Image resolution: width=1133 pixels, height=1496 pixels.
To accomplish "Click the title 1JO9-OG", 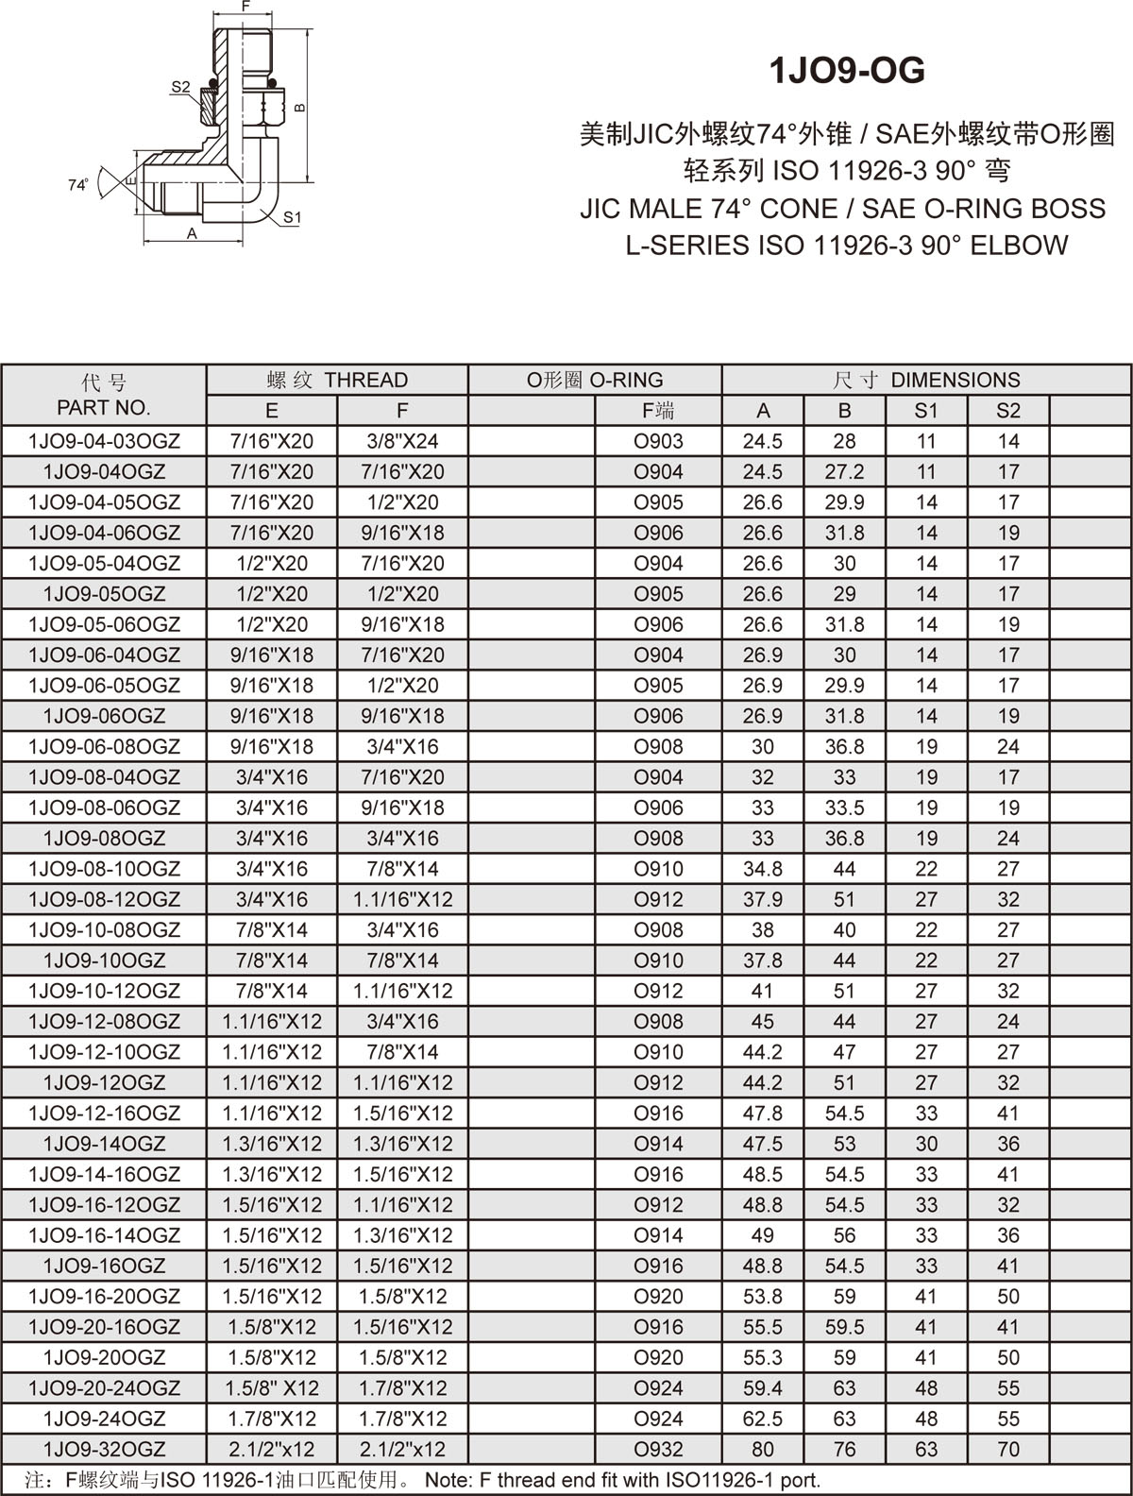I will point(847,71).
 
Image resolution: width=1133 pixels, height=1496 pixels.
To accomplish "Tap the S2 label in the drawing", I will point(180,88).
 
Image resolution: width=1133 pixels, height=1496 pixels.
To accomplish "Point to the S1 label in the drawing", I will point(292,217).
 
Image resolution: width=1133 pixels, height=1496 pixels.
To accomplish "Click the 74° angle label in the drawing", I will point(78,185).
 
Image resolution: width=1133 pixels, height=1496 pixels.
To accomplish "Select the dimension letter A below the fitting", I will point(192,233).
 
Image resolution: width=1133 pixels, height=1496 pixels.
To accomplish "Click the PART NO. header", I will point(104,408).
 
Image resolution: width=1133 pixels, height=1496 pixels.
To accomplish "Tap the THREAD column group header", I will point(337,380).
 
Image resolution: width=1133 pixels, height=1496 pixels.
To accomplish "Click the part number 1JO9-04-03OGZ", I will point(104,441).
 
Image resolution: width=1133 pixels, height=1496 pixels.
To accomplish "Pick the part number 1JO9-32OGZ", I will point(104,1449).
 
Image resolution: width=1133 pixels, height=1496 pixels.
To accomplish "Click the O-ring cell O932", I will point(658,1449).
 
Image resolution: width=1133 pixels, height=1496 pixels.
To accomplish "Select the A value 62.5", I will point(762,1419).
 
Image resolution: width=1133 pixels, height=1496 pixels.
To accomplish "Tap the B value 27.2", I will point(844,471).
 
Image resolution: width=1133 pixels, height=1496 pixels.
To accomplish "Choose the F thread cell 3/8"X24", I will point(402,441).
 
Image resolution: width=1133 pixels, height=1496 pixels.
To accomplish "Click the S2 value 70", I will point(1008,1449).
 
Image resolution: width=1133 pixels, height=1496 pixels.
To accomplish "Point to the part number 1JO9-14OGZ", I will point(104,1144).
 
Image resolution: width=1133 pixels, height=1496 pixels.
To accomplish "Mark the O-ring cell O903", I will point(658,441).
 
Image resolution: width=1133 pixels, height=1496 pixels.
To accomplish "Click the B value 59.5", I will point(844,1327).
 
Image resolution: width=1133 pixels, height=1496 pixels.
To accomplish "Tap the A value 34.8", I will point(762,869).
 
